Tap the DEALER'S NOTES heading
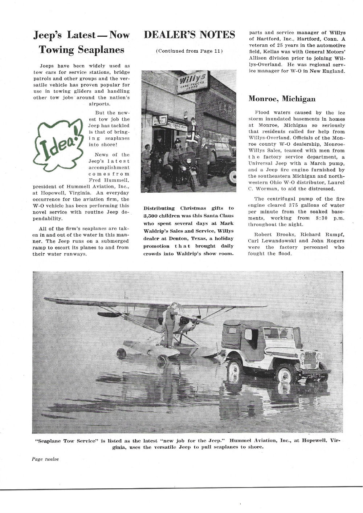[189, 35]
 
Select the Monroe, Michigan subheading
[282, 99]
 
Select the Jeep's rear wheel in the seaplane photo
[236, 365]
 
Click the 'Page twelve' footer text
[45, 459]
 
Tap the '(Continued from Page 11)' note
[189, 51]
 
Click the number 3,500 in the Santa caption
[152, 216]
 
